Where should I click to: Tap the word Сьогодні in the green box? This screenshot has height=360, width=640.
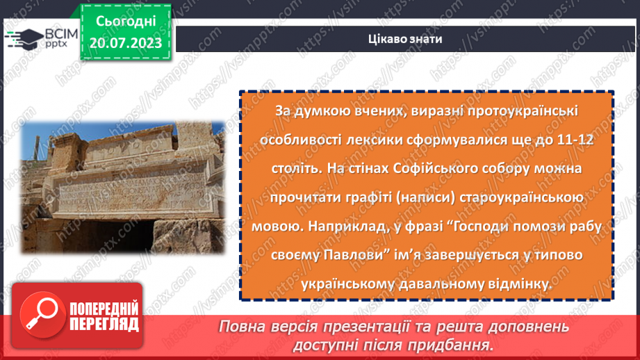126,22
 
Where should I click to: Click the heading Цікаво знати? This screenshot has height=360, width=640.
407,39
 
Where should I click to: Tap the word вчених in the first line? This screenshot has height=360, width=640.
361,111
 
